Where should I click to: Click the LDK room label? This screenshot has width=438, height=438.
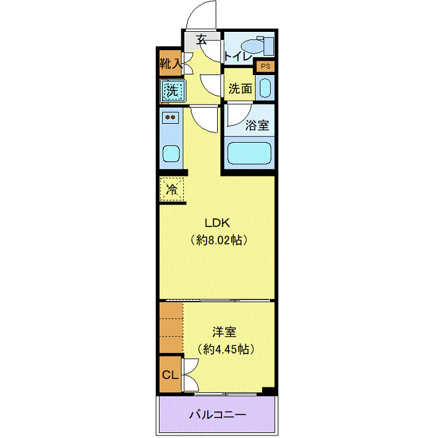pyautogui.click(x=217, y=223)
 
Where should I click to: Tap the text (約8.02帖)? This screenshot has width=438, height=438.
pyautogui.click(x=217, y=240)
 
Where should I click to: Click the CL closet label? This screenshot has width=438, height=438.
pyautogui.click(x=170, y=375)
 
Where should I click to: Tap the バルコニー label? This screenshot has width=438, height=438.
pyautogui.click(x=217, y=415)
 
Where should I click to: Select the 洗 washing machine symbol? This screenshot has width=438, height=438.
pyautogui.click(x=171, y=91)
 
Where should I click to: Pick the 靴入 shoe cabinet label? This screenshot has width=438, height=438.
pyautogui.click(x=170, y=63)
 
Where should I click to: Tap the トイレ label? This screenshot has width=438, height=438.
pyautogui.click(x=237, y=56)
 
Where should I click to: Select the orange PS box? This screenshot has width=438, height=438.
pyautogui.click(x=265, y=66)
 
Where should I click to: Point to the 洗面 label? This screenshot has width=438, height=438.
pyautogui.click(x=240, y=89)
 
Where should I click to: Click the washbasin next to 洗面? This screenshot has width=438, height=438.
pyautogui.click(x=265, y=88)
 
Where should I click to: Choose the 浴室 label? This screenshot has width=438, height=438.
pyautogui.click(x=257, y=125)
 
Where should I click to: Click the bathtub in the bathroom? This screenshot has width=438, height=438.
pyautogui.click(x=248, y=153)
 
